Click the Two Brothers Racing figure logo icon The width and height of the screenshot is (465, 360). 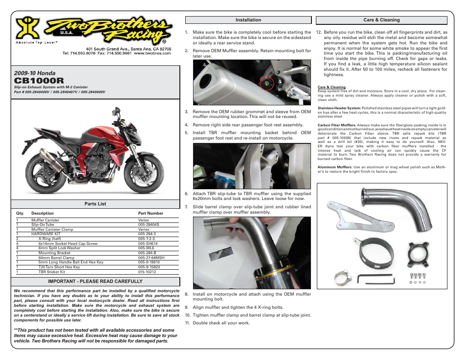pos(27,30)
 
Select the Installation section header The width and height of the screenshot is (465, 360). pos(248,20)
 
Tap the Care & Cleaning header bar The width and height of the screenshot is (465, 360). pos(381,20)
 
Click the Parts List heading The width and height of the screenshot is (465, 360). pos(95,204)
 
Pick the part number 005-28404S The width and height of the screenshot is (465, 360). pos(148,225)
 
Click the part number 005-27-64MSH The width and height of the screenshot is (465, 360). pos(151,258)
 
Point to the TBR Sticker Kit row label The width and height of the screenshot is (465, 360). pos(52,272)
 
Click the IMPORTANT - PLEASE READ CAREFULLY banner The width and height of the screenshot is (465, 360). pos(95,281)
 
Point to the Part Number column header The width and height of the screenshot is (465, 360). pos(151,213)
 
